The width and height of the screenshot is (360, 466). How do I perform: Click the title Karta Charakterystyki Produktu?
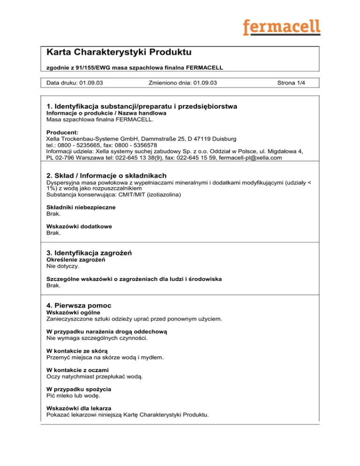coord(120,52)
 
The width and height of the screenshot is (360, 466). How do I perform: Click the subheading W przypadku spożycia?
coord(79,389)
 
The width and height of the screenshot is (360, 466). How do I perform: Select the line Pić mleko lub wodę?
coord(73,396)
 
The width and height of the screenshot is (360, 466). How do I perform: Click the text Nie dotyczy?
coord(62,266)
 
